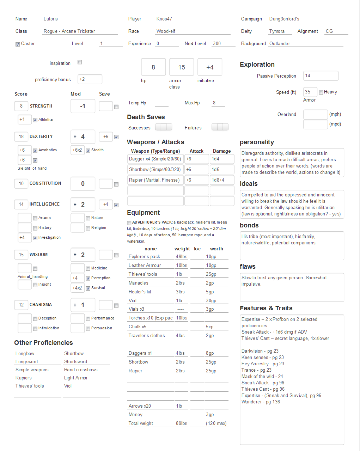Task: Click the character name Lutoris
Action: click(51, 19)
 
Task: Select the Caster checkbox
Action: click(18, 44)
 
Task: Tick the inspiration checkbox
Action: click(80, 62)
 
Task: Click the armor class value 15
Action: click(182, 67)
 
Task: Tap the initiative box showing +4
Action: click(210, 67)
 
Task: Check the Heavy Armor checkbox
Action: click(321, 92)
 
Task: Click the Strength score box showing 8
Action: click(22, 106)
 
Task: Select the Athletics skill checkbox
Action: click(35, 120)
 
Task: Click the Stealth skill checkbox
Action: click(88, 151)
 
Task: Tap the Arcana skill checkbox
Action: click(35, 218)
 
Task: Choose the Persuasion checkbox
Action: click(88, 329)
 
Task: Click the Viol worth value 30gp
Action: click(211, 301)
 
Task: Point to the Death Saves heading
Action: click(146, 117)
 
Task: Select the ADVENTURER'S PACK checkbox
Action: click(129, 223)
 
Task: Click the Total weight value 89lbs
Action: click(181, 423)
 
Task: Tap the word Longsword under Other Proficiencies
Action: click(27, 362)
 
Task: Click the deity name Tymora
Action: click(277, 31)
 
